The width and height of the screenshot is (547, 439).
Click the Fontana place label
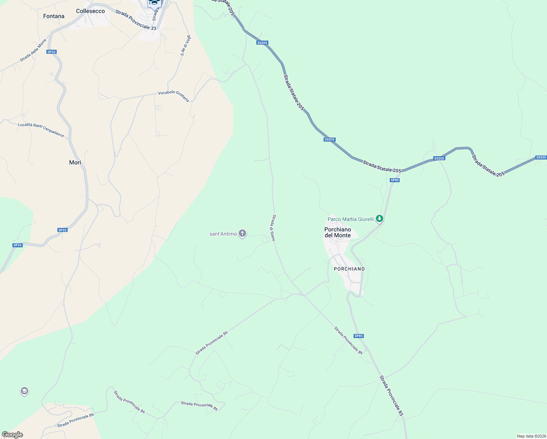pyautogui.click(x=54, y=16)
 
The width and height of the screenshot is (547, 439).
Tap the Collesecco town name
pyautogui.click(x=90, y=11)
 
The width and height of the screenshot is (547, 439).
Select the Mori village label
pyautogui.click(x=75, y=162)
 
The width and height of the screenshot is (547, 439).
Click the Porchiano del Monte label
pyautogui.click(x=337, y=232)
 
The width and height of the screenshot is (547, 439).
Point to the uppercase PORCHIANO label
pyautogui.click(x=349, y=269)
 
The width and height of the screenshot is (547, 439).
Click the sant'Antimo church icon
pyautogui.click(x=242, y=233)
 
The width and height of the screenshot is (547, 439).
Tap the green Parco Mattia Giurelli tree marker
pyautogui.click(x=380, y=219)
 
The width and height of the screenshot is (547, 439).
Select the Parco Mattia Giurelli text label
pyautogui.click(x=350, y=219)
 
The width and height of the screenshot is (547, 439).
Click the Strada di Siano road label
pyautogui.click(x=273, y=228)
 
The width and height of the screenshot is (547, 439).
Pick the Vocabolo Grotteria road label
pyautogui.click(x=174, y=96)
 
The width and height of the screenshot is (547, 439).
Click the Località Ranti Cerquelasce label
pyautogui.click(x=41, y=130)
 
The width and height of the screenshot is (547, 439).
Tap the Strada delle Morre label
pyautogui.click(x=33, y=50)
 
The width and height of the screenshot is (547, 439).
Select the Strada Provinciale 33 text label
pyautogui.click(x=136, y=20)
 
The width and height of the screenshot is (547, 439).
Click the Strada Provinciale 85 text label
pyautogui.click(x=391, y=395)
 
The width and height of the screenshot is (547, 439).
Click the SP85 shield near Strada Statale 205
pyautogui.click(x=395, y=180)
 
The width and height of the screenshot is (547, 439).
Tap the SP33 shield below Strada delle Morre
pyautogui.click(x=52, y=52)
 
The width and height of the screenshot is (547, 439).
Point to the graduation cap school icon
pyautogui.click(x=24, y=391)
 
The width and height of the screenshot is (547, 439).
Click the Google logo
pyautogui.click(x=12, y=435)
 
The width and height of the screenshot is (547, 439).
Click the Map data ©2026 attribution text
pyautogui.click(x=531, y=436)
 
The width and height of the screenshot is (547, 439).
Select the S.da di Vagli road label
pyautogui.click(x=186, y=45)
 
